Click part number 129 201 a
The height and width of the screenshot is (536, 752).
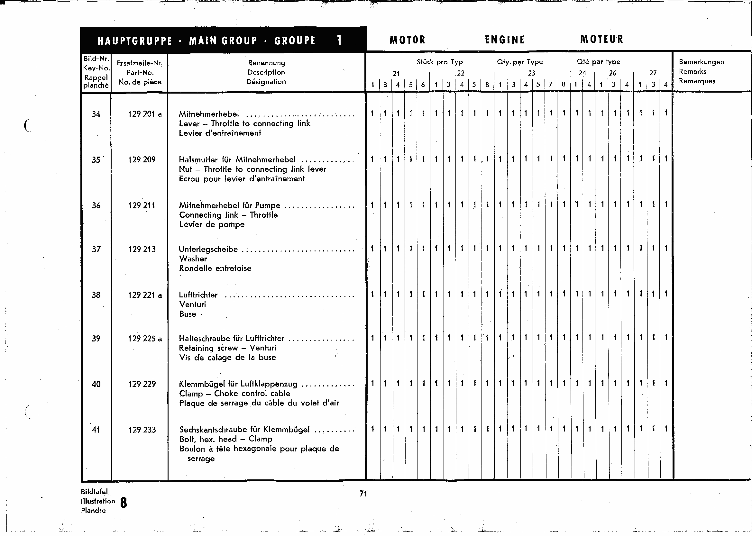145,114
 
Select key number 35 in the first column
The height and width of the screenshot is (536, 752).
96,160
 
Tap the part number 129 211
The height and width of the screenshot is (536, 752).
142,205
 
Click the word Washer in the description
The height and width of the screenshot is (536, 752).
193,259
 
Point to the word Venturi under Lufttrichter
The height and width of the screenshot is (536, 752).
192,304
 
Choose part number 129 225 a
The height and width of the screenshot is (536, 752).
145,339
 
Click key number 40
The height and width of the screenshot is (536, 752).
96,384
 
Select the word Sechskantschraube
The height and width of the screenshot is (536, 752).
213,430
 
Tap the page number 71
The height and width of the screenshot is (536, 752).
363,494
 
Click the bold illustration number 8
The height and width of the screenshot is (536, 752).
124,503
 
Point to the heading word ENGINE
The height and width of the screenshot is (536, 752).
505,40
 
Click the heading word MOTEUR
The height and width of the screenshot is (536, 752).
601,39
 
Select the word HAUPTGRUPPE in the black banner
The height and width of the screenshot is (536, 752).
135,41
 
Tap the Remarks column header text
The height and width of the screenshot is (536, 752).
692,72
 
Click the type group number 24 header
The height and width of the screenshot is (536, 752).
582,73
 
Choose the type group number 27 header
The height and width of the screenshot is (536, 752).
653,73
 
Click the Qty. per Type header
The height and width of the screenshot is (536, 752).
519,62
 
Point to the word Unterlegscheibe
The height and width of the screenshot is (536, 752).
208,249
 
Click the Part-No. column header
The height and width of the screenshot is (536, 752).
140,73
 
